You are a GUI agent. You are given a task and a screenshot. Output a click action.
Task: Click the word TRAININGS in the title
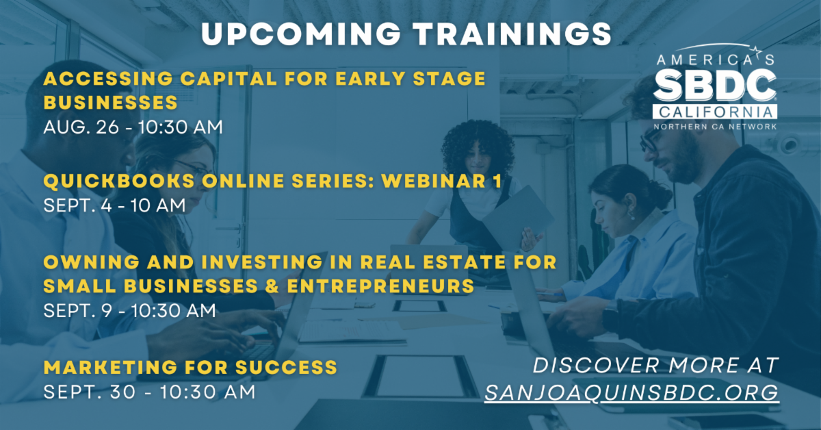click(512, 34)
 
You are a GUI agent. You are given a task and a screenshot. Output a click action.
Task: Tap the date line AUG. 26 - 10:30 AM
click(133, 127)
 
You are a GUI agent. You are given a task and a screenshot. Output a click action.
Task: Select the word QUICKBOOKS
click(119, 181)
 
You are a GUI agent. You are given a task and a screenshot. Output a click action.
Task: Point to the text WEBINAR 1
click(442, 181)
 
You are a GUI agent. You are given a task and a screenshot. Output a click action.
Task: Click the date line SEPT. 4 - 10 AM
click(114, 205)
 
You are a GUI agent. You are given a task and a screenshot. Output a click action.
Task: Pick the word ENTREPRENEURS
click(381, 286)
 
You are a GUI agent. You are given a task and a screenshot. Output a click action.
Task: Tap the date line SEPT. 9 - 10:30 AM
click(130, 311)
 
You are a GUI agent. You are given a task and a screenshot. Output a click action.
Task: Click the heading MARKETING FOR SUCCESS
click(190, 367)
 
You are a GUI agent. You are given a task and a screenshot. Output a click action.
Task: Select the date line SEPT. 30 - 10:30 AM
click(150, 392)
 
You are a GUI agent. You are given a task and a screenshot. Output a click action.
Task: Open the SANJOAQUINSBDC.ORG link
click(631, 392)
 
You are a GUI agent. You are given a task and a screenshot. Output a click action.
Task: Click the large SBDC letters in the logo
click(715, 86)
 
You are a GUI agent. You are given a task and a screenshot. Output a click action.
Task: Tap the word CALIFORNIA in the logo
click(715, 112)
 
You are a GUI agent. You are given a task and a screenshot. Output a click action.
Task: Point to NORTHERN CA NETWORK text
click(715, 127)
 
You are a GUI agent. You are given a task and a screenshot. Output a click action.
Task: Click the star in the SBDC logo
click(756, 51)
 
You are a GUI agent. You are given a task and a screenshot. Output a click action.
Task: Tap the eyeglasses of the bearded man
click(649, 140)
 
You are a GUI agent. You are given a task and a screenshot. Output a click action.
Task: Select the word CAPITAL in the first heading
click(229, 79)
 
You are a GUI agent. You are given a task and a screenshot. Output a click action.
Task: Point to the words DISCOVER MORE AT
click(655, 366)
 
